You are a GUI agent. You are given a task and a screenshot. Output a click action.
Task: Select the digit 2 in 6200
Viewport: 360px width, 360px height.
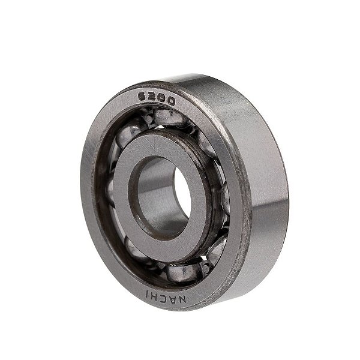click(152, 98)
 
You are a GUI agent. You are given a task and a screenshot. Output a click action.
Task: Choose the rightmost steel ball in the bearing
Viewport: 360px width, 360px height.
click(225, 198)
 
